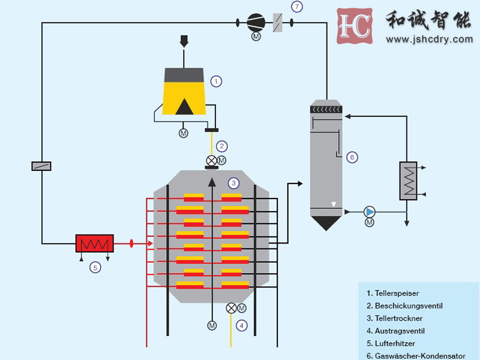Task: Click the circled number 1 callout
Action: coord(217,81)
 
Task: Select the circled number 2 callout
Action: coord(222,146)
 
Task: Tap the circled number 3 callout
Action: coord(234,182)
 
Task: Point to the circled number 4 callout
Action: coord(241,326)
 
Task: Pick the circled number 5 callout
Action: coord(95,268)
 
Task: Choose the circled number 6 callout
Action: coord(352,157)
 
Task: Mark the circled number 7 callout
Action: coord(296,7)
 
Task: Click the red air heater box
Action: coord(94,243)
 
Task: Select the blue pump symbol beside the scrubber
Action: coord(370,211)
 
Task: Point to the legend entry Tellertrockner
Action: coord(398,318)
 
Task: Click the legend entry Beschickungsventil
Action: coord(409,306)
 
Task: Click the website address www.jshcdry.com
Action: coord(429,40)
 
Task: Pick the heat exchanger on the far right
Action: coord(409,180)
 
